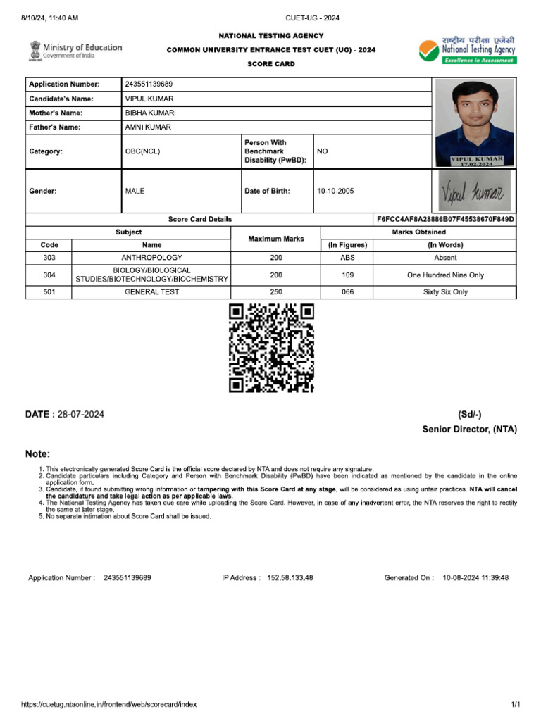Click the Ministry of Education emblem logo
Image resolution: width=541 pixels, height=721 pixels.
[35, 50]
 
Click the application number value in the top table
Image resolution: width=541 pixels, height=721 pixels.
[149, 84]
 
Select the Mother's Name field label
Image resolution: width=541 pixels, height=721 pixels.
[56, 113]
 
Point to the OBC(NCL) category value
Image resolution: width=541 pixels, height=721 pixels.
[142, 151]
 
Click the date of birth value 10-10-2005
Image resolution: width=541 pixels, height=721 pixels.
[335, 191]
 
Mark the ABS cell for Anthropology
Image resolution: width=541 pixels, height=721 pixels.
[347, 258]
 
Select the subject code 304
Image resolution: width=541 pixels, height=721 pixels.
[49, 275]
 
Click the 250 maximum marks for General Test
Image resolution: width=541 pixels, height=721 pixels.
[275, 292]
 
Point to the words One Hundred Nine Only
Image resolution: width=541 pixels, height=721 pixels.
[445, 275]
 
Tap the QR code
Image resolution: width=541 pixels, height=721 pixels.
[271, 348]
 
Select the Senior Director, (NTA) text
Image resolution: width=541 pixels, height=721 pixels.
[469, 429]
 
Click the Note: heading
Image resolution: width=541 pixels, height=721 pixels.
[38, 454]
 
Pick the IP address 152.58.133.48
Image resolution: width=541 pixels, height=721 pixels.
[290, 578]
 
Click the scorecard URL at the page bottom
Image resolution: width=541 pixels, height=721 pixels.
[109, 704]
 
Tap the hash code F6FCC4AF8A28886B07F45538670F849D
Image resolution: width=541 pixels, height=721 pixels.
[445, 220]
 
